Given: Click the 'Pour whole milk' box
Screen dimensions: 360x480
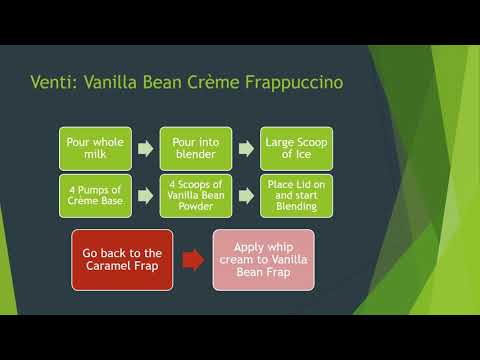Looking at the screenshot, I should point(95,148).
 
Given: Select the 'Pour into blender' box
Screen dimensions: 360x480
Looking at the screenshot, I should point(195,148).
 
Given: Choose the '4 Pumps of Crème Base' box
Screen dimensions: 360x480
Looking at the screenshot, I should point(95,195).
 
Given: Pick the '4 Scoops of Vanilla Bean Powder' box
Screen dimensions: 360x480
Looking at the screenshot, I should point(195,195).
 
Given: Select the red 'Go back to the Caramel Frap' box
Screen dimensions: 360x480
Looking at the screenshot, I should point(123,259).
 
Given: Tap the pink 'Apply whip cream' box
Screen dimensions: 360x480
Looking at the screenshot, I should point(263,259).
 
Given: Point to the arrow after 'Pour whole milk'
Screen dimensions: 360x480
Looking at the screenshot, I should point(145,149).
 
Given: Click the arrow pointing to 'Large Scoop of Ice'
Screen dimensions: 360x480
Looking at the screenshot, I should point(244,149).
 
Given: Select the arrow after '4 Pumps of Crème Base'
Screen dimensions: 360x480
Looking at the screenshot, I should point(145,196).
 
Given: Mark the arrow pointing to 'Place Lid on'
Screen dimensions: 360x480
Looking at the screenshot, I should point(244,196).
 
